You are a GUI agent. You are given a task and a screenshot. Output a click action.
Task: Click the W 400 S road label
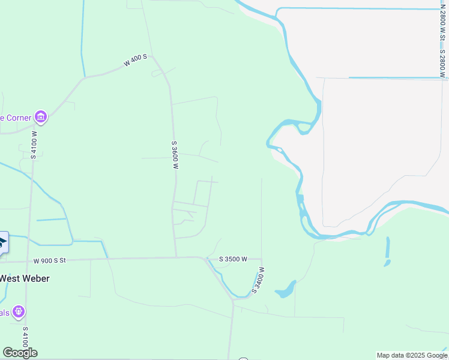pos(135,61)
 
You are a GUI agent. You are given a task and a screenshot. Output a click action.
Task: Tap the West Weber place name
pos(24,278)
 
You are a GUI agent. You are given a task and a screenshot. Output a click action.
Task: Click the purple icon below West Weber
pos(19,312)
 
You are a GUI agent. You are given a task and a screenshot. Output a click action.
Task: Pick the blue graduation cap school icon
pos(2,242)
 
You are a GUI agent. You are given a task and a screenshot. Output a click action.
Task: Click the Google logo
pos(20,352)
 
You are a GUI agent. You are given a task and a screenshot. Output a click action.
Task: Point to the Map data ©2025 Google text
pos(412,355)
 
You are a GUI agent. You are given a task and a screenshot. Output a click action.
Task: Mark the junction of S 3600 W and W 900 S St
pos(176,258)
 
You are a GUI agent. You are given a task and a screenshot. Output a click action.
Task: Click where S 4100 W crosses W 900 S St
pos(27,261)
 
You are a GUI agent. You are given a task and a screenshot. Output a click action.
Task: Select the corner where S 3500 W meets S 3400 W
pos(262,259)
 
